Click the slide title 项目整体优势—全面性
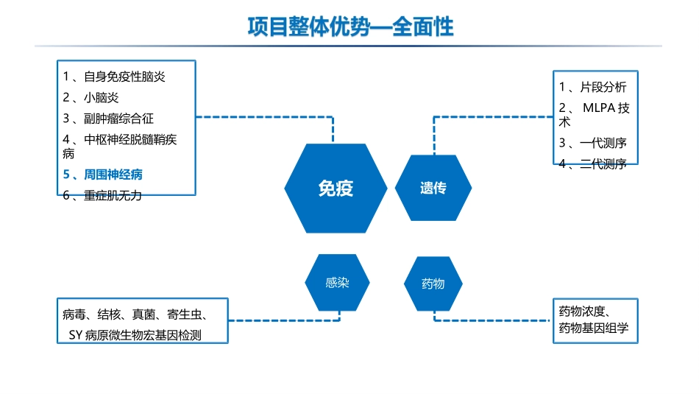tap(350, 27)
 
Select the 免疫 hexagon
tap(336, 189)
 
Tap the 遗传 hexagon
tap(433, 188)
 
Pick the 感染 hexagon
tap(337, 283)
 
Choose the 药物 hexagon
tap(433, 284)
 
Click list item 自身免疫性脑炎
tap(124, 77)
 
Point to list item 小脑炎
tap(102, 98)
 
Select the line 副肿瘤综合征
tap(118, 119)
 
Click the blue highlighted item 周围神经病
tap(113, 175)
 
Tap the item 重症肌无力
tap(113, 195)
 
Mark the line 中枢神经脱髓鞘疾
tap(130, 140)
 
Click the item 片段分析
tap(603, 87)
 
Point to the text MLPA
tap(599, 108)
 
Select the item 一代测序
tap(603, 143)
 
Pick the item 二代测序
tap(603, 163)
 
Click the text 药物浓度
tap(582, 311)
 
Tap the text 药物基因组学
tap(594, 328)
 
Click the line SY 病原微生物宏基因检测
tap(135, 335)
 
